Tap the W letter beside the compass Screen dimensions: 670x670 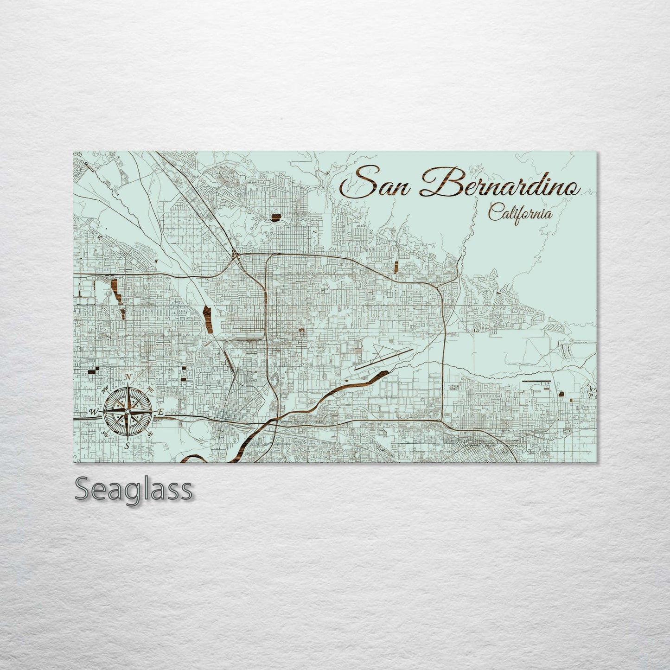click(94, 411)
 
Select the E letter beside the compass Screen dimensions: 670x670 click(160, 412)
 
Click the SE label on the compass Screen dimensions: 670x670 click(150, 434)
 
